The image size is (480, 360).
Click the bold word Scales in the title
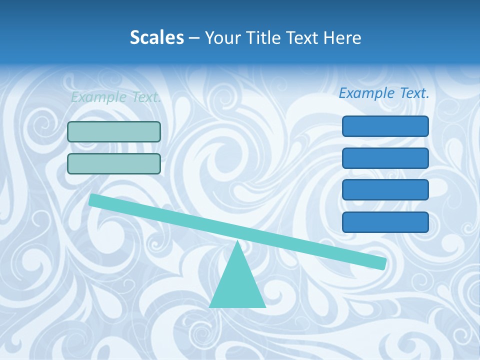156,37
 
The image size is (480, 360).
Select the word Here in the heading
342,37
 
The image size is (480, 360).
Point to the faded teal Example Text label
116,97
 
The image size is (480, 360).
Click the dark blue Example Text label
384,93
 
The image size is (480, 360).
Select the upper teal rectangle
114,131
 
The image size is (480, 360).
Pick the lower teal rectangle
114,163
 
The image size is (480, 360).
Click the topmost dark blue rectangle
385,126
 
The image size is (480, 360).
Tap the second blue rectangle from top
385,158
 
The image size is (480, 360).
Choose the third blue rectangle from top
385,190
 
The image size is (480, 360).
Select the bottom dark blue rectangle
385,222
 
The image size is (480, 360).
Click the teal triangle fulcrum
237,285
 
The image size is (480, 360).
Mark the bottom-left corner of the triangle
210,306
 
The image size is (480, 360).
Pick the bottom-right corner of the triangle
265,306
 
